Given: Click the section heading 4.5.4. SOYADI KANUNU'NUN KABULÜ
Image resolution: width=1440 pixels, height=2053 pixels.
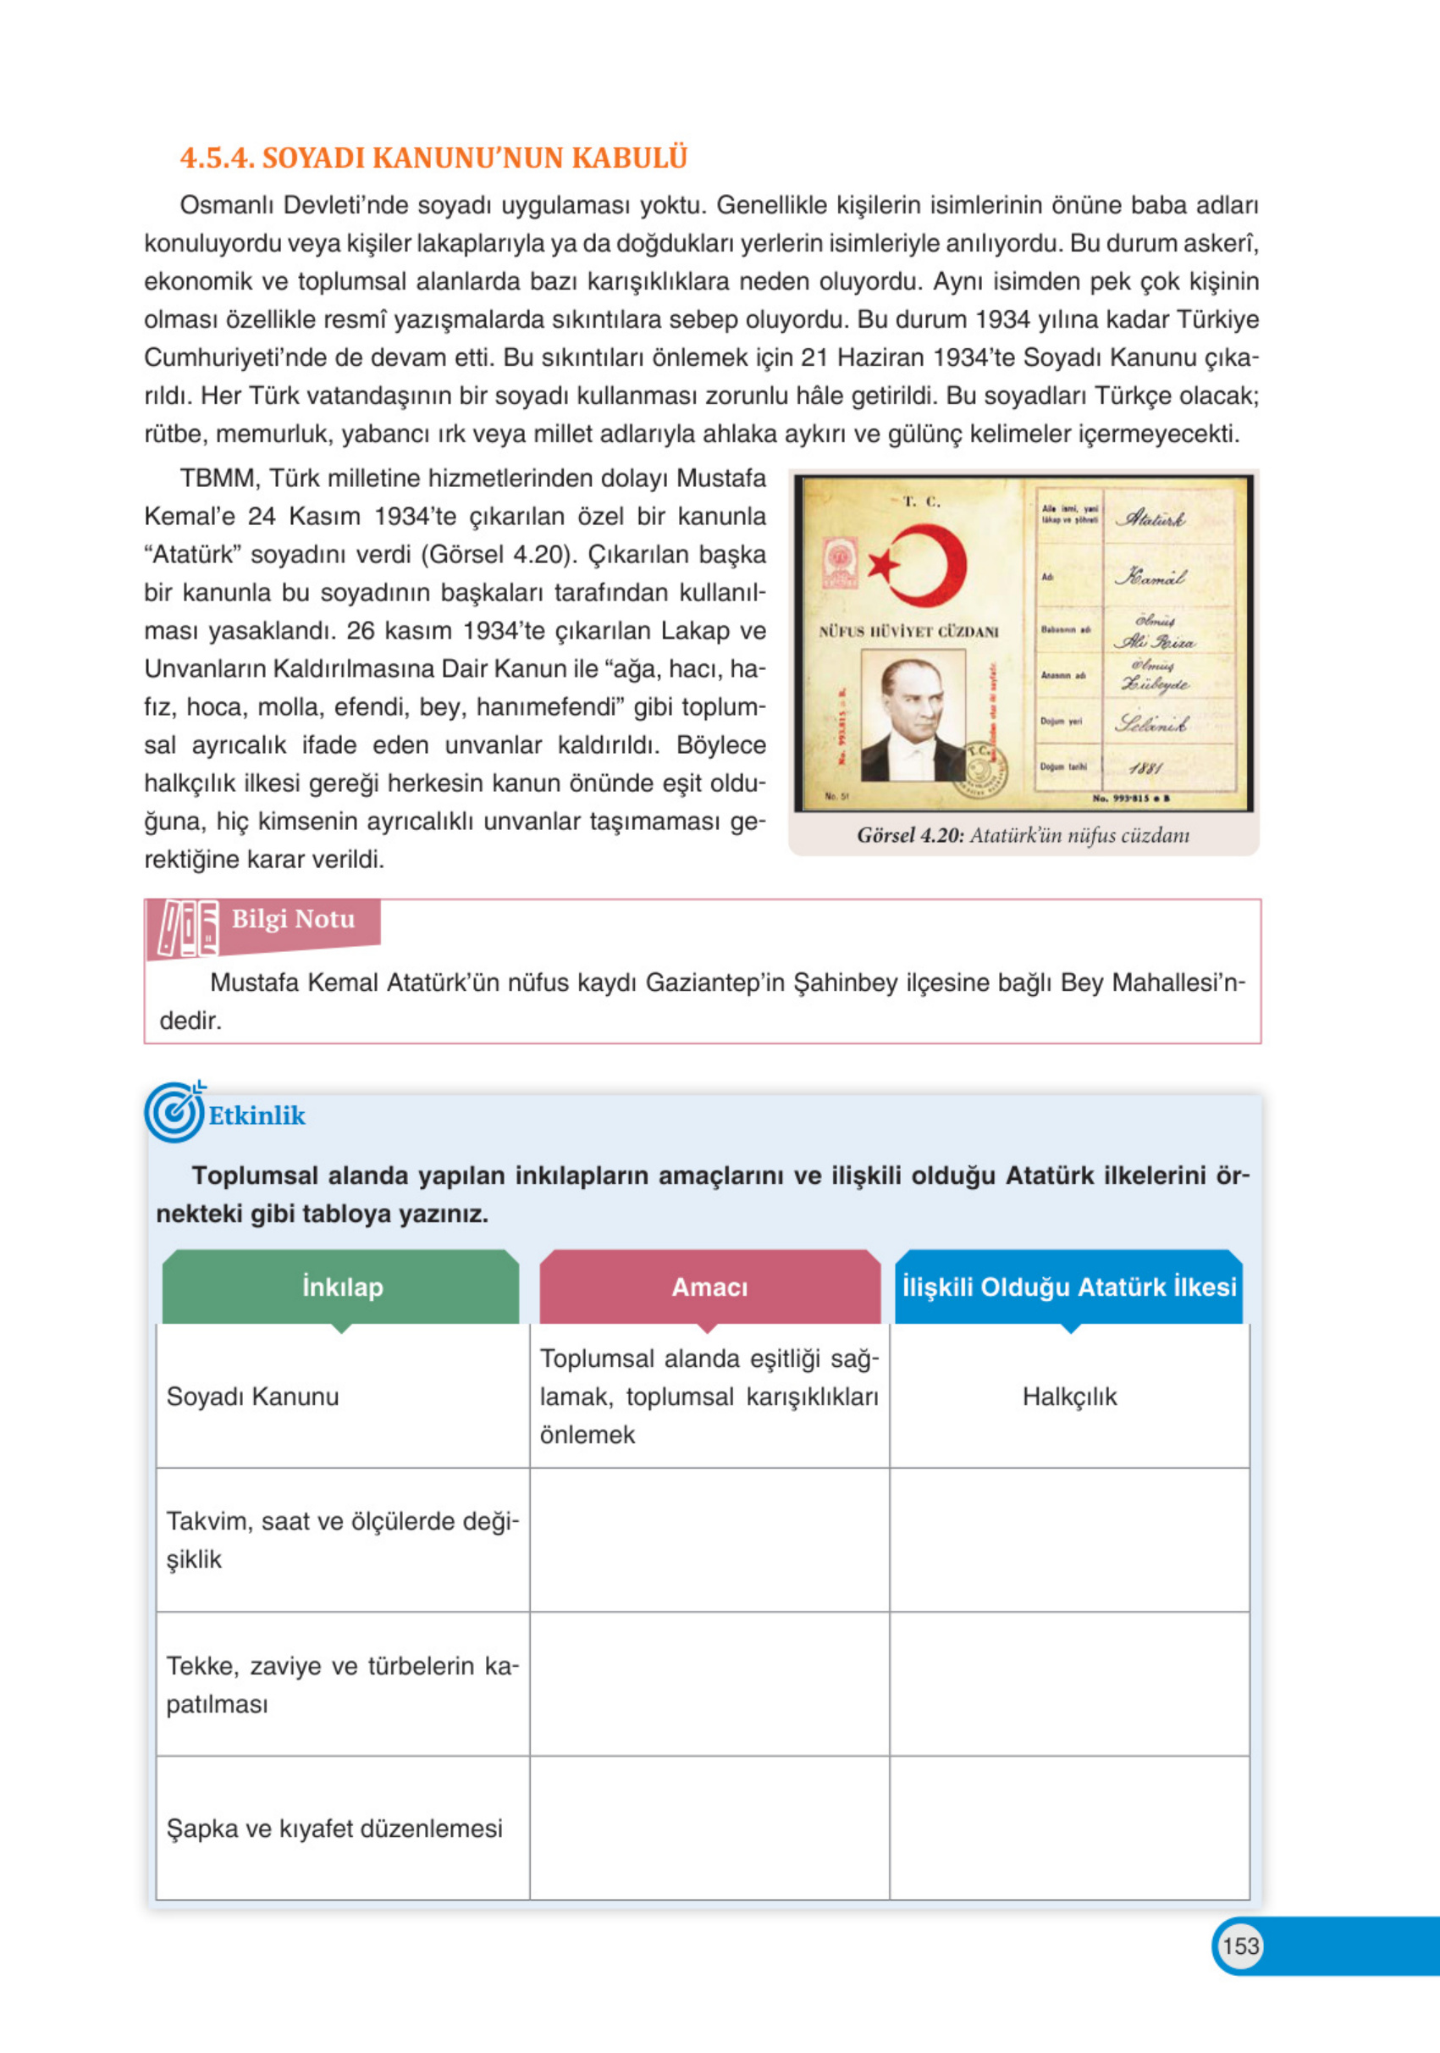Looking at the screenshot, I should (x=433, y=158).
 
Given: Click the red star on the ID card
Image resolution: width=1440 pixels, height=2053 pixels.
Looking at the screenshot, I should (x=883, y=565).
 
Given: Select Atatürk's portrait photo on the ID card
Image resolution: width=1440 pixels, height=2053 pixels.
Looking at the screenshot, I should (x=912, y=716).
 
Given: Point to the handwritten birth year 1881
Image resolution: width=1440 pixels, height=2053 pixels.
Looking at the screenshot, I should (x=1145, y=767).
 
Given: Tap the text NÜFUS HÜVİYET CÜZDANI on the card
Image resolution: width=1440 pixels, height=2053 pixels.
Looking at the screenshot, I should (x=908, y=631).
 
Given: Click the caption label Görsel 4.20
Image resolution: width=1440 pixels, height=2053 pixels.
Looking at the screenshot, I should (x=910, y=835).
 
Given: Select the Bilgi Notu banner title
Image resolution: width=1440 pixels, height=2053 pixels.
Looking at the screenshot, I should (x=293, y=919).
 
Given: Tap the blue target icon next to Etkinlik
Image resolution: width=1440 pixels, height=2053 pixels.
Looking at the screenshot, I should (x=174, y=1112).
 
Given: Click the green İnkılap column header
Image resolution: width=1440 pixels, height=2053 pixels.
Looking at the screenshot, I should (x=341, y=1287).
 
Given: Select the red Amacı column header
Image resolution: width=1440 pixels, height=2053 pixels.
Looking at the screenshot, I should (x=709, y=1287).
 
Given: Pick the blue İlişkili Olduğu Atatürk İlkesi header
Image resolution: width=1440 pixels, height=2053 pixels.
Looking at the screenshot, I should (x=1069, y=1287).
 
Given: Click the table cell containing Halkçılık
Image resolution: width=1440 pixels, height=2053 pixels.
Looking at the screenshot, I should (x=1069, y=1397).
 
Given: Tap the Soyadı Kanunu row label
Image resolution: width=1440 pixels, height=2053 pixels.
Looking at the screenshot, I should (x=253, y=1397).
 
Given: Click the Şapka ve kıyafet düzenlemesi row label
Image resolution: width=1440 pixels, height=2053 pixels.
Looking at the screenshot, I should (x=334, y=1829).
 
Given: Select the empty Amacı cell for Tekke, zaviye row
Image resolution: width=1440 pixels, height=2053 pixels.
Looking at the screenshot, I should (x=709, y=1684).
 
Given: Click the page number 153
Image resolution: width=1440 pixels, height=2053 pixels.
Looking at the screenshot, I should (x=1239, y=1945).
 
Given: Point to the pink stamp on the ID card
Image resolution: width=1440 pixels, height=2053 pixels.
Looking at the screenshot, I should (x=841, y=563).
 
